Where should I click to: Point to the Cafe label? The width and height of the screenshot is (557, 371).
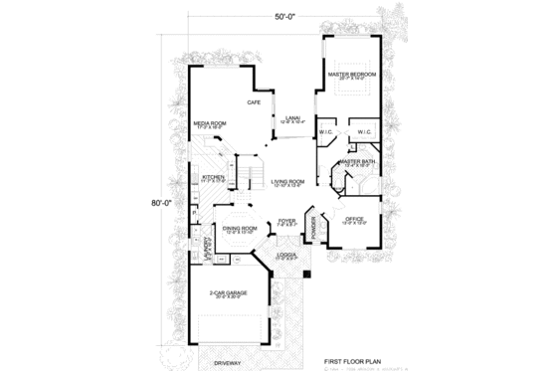pyautogui.click(x=255, y=101)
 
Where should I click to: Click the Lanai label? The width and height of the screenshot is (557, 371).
pyautogui.click(x=292, y=118)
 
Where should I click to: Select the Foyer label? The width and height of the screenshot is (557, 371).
pyautogui.click(x=286, y=221)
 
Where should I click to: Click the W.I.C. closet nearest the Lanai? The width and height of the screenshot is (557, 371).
pyautogui.click(x=327, y=131)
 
